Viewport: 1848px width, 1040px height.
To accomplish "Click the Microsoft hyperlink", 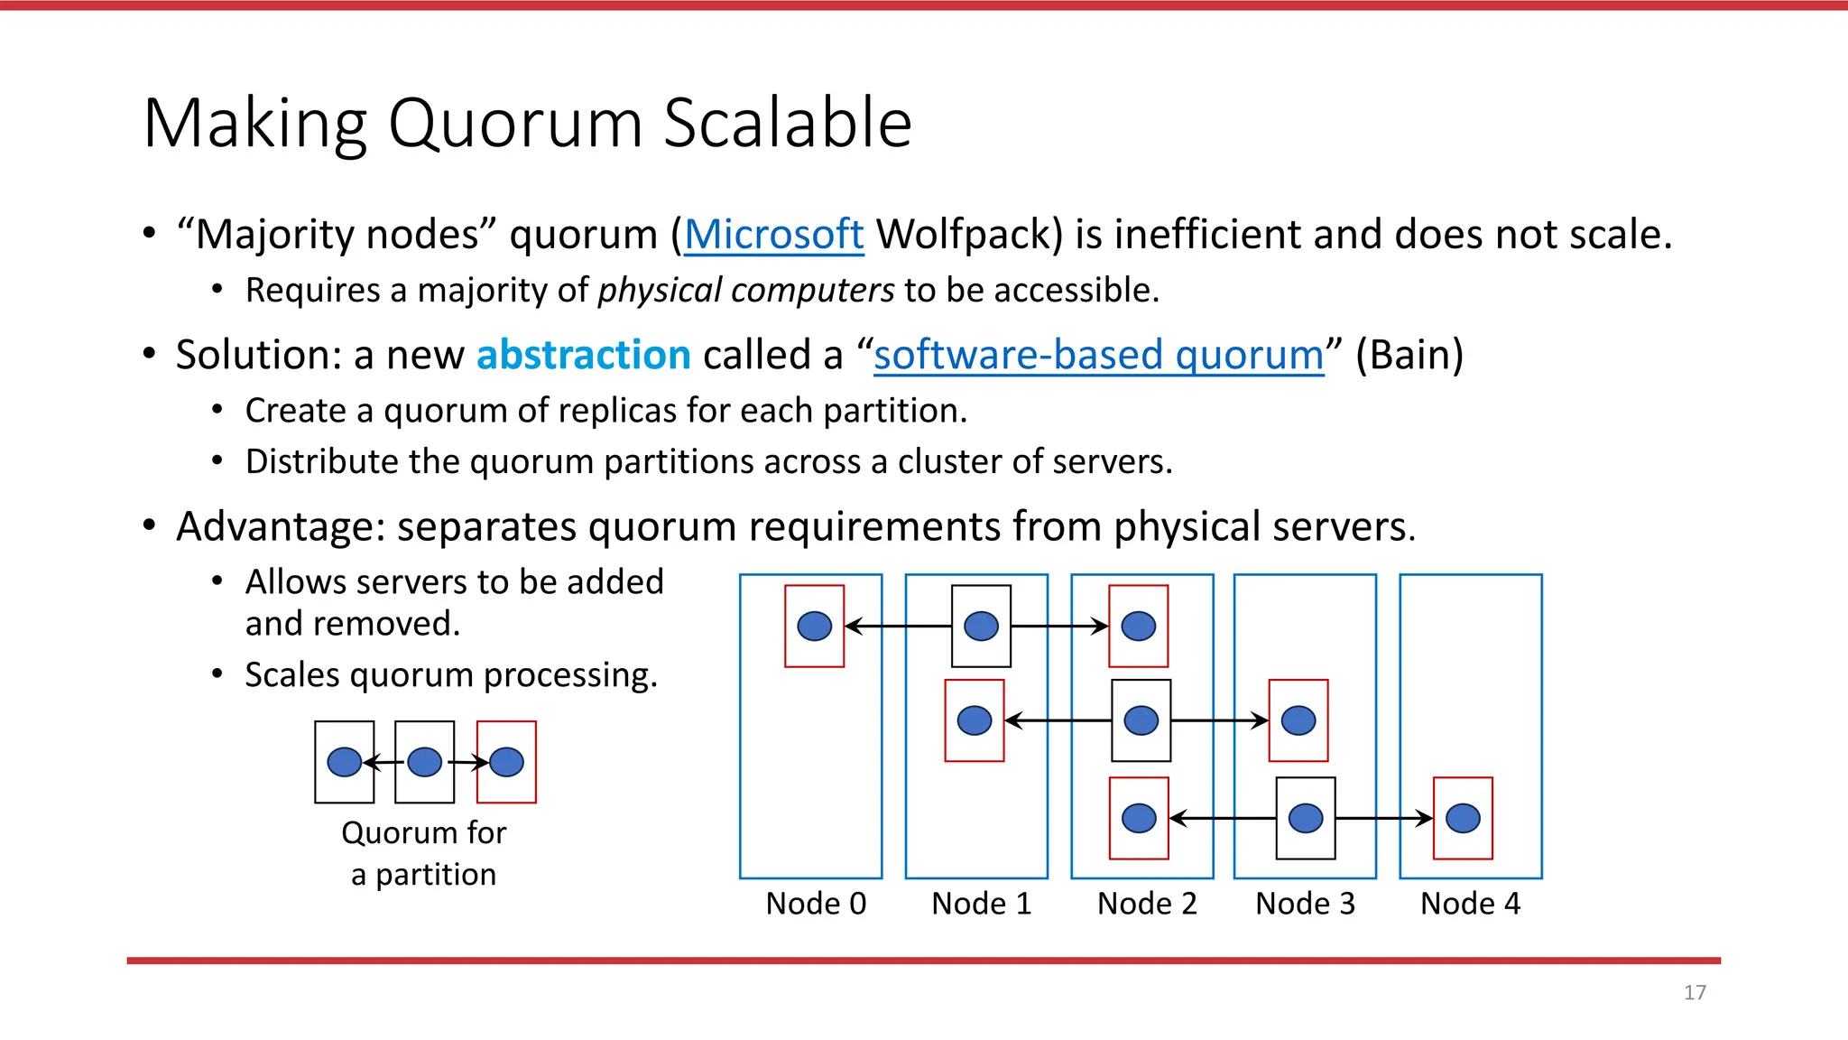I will coord(773,235).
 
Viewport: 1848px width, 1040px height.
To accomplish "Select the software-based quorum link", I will coord(1098,355).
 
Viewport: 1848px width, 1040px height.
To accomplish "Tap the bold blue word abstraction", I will coord(583,355).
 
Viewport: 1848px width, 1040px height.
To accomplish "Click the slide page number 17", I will coord(1695,992).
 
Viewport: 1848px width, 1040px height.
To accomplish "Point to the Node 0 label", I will coord(816,904).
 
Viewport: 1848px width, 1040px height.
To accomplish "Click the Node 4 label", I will coord(1470,904).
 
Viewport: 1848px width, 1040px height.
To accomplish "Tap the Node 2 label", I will coord(1147,904).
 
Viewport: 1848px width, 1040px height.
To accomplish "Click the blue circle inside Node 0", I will coord(814,626).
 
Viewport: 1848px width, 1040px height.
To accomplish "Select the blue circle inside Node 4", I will coord(1463,818).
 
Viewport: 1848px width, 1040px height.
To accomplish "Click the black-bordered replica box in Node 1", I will coord(981,626).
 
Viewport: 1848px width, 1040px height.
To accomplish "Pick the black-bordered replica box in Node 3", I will coord(1306,818).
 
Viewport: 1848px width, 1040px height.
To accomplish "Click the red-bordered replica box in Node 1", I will coord(974,720).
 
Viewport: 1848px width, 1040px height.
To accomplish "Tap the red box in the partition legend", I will coord(506,762).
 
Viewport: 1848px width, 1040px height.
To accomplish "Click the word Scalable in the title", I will coord(787,123).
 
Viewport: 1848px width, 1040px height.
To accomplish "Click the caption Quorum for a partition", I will coord(423,853).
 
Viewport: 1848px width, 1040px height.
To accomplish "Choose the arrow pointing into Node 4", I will coord(1386,818).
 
